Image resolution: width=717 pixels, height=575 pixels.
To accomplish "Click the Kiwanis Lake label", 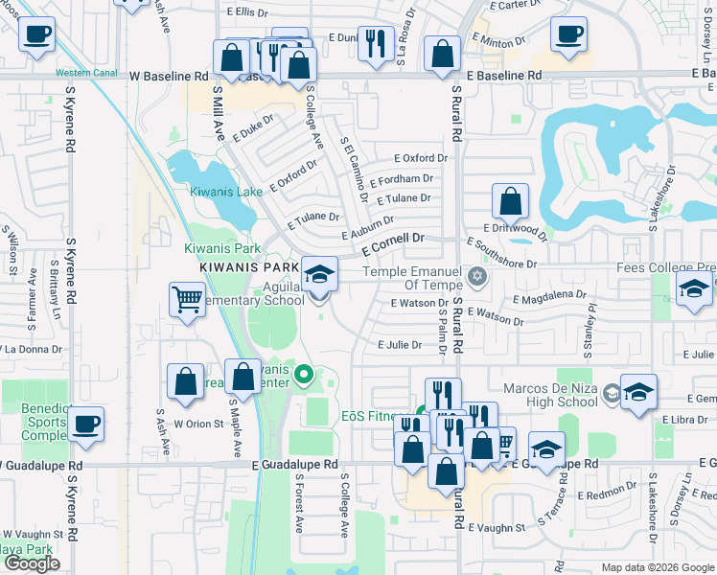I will pos(225,192).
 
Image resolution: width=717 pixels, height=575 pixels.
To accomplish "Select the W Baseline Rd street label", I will pos(168,75).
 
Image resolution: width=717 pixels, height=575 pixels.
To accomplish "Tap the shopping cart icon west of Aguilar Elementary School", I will pos(186,299).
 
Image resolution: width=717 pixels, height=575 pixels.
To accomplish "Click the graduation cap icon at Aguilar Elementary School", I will pos(319,275).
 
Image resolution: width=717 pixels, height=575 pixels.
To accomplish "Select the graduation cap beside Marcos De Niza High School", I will pos(638,392).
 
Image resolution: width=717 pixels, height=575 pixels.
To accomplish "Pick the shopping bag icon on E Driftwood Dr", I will pos(511,201).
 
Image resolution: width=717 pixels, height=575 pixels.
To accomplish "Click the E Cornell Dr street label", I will pos(393,242).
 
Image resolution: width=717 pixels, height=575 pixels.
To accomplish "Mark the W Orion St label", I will pos(198,424).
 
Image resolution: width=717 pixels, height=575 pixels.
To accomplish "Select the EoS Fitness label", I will pos(369,417).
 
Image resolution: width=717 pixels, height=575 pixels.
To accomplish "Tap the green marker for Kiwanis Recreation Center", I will pos(304,374).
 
